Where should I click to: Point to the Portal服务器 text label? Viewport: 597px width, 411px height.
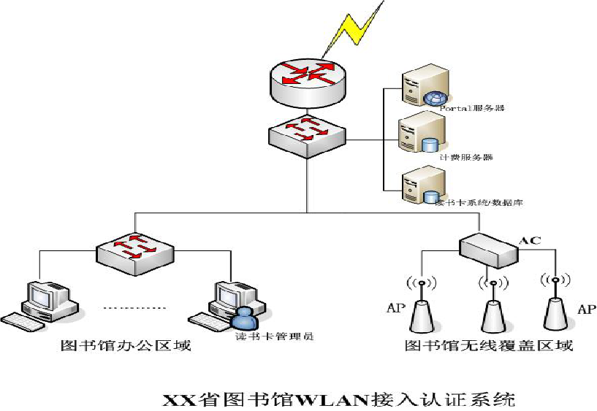(x=473, y=108)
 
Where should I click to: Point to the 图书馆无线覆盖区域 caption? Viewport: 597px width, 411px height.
(x=488, y=345)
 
